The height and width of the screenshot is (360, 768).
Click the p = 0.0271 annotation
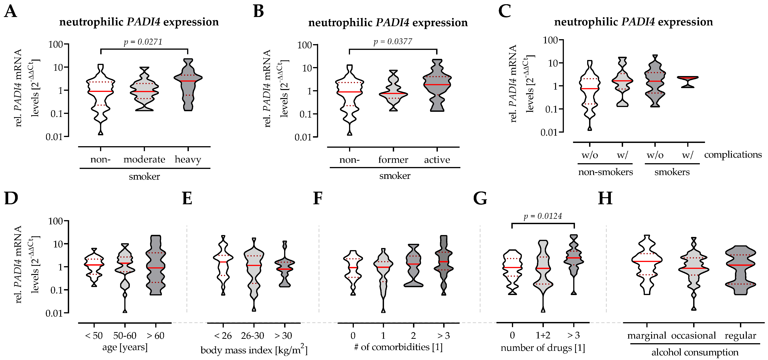143,42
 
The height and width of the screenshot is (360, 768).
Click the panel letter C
504,12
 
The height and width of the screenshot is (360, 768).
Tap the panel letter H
605,198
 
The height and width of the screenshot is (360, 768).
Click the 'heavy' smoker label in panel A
188,160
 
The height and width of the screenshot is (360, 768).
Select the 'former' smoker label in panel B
393,160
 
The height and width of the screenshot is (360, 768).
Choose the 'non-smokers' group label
605,172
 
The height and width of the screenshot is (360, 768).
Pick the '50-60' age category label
125,336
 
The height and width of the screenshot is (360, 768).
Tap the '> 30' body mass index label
283,336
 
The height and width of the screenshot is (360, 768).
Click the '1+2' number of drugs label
543,336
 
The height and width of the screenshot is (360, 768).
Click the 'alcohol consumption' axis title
695,353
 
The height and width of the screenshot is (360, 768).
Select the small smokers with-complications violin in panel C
687,80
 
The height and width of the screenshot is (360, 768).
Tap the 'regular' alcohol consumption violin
741,268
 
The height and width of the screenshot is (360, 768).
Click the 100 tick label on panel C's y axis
550,40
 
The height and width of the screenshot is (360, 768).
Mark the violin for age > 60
156,265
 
